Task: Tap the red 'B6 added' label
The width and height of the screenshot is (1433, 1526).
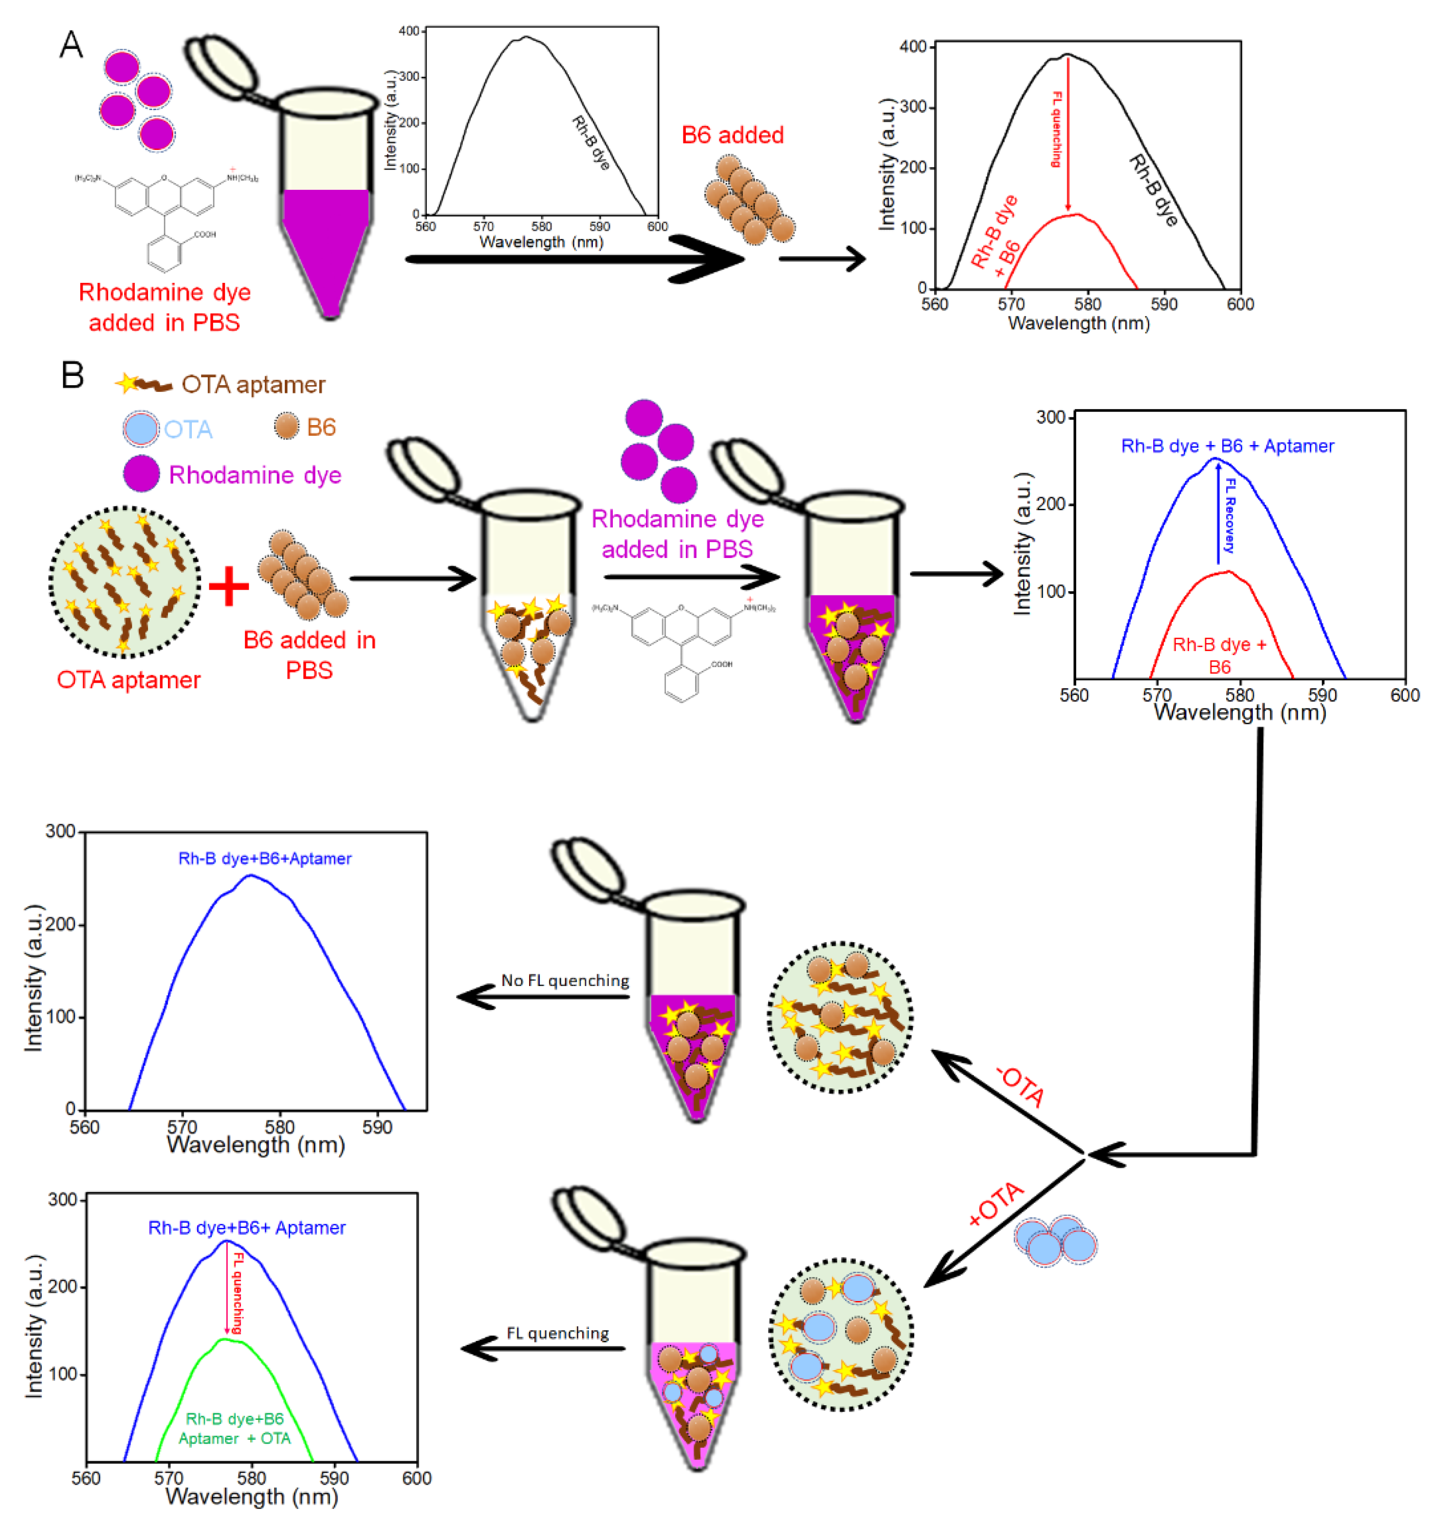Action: [x=732, y=135]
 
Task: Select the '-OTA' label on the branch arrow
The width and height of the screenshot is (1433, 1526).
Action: [x=1021, y=1086]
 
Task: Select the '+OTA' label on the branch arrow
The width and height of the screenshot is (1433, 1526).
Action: [x=996, y=1204]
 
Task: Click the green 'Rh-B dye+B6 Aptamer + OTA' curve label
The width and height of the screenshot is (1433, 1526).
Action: [x=235, y=1429]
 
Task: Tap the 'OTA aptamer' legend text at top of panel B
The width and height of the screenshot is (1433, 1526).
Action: [x=253, y=385]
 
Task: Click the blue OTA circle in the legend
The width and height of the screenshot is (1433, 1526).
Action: [x=141, y=428]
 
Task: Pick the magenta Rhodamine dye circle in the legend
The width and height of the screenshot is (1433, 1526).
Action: [x=141, y=474]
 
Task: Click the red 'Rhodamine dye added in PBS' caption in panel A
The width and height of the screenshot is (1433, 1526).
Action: [x=164, y=307]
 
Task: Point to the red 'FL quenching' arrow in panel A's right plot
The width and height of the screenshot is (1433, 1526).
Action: [x=1067, y=134]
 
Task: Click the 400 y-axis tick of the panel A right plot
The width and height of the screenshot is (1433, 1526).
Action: [x=913, y=48]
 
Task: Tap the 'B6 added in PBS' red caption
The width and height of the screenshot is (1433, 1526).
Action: [x=309, y=655]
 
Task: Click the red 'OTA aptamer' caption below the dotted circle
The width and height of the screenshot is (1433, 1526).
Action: [x=129, y=680]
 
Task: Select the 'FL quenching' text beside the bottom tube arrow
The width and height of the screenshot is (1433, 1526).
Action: [x=557, y=1333]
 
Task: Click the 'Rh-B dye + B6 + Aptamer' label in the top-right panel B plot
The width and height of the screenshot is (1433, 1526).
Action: [x=1227, y=446]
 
